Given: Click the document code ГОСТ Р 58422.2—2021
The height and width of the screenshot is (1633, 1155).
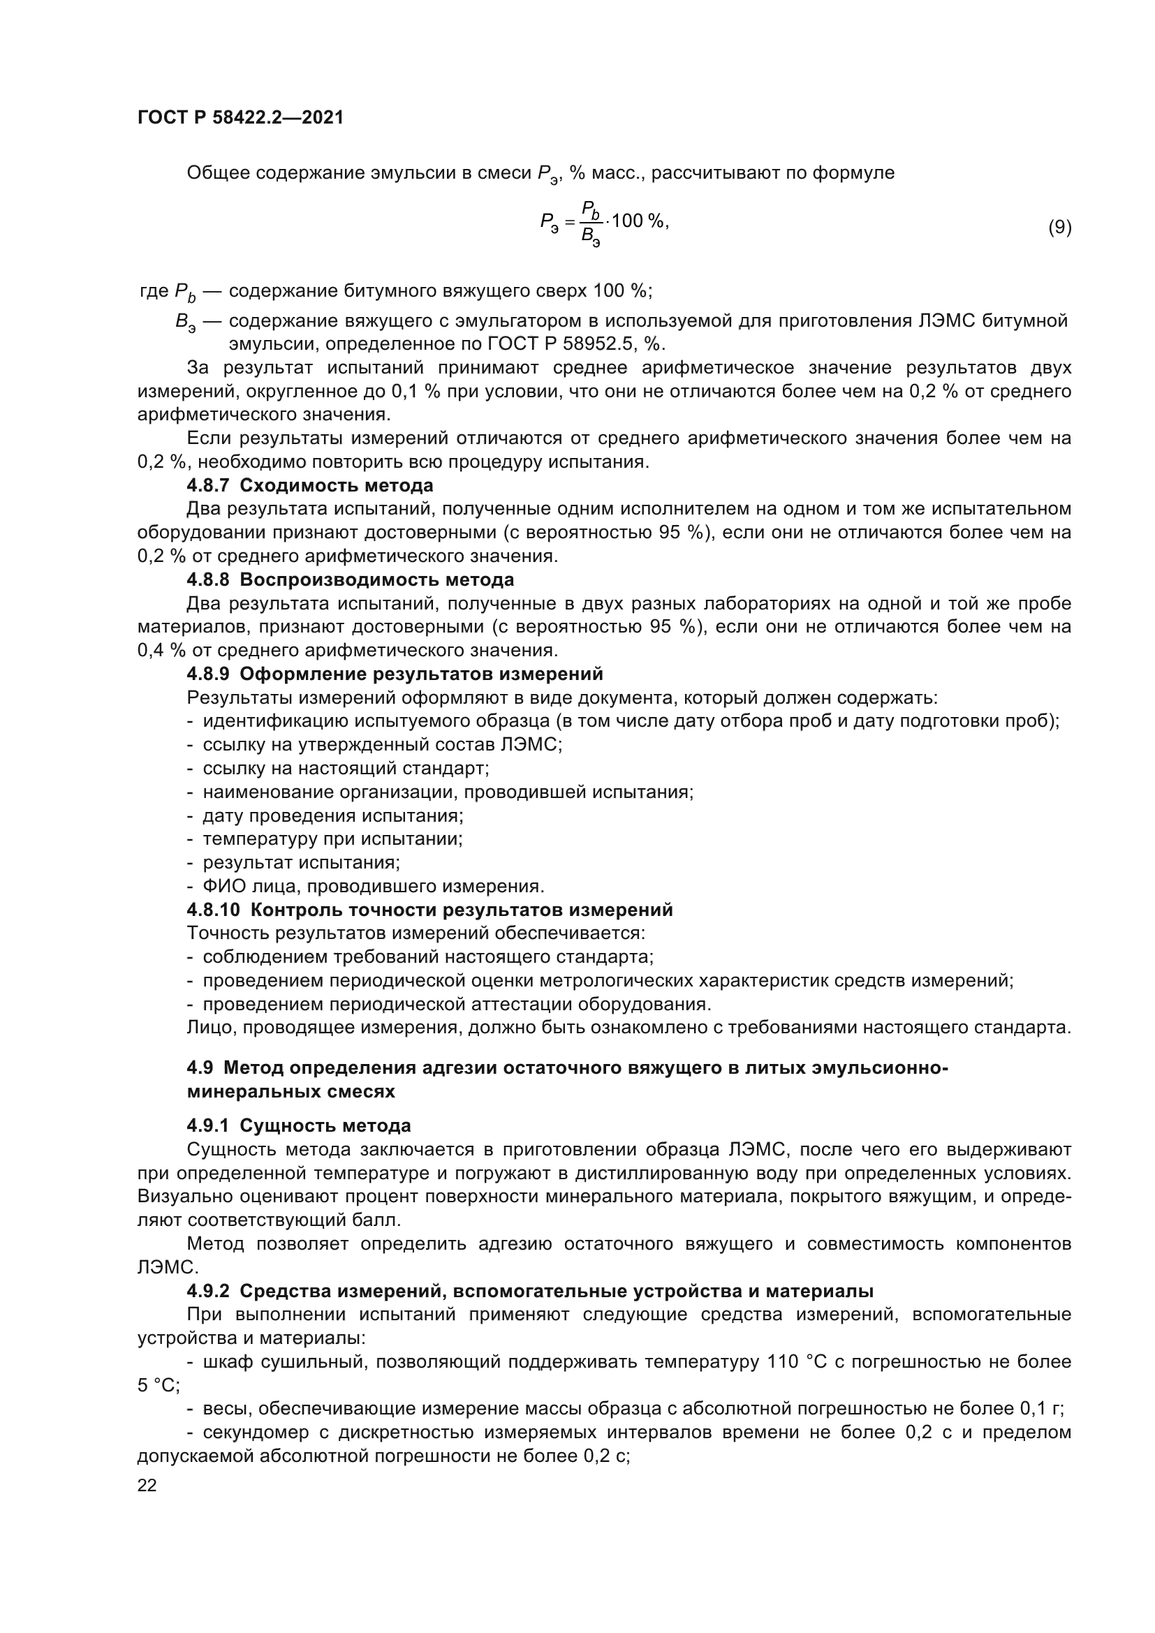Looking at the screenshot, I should coord(240,118).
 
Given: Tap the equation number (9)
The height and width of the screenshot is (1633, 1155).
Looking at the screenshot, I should coord(1060,228).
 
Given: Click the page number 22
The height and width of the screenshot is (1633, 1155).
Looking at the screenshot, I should coord(147,1485).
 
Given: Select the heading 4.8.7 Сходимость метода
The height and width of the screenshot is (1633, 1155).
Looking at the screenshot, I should coord(310,486).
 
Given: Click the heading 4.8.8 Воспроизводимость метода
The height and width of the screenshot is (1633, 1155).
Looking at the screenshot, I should coord(350,579).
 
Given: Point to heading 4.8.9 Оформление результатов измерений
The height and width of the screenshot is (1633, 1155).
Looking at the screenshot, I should coord(395,674).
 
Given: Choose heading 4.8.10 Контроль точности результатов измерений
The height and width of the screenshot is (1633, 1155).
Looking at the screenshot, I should coord(429,910).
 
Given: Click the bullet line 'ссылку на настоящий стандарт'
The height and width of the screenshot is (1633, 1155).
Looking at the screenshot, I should coord(346,768).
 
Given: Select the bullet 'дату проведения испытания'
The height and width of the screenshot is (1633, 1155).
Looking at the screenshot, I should coord(333,815).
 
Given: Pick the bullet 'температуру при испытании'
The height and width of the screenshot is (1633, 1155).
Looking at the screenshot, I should coord(333,838).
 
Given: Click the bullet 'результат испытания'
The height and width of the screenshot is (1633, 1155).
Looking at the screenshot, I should coord(302,863).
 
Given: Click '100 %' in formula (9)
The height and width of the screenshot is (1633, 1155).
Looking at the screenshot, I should coord(638,221).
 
